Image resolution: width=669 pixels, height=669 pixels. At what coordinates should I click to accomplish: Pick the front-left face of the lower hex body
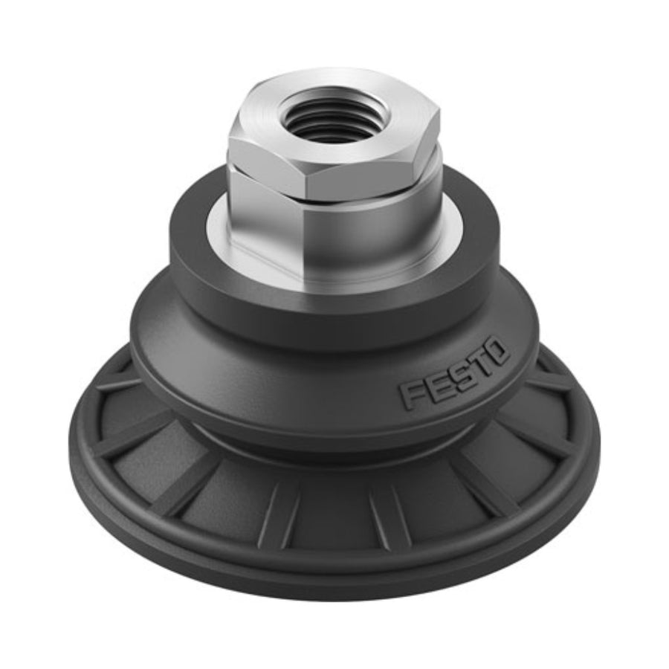[267, 233]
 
